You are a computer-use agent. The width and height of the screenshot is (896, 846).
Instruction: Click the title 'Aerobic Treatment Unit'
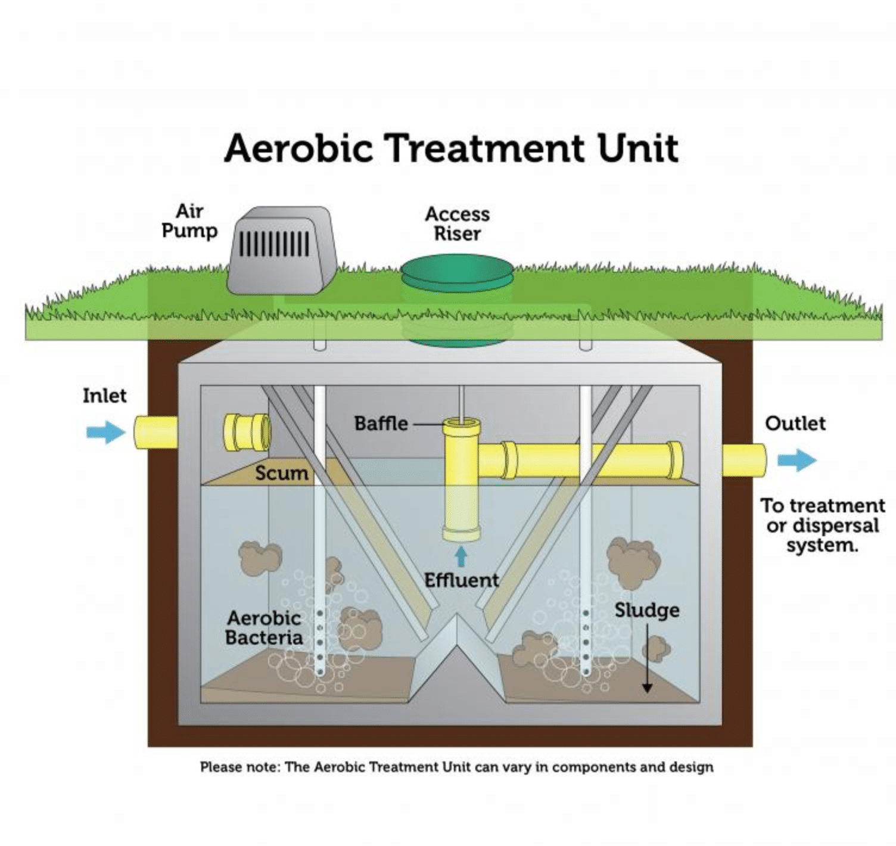coord(451,148)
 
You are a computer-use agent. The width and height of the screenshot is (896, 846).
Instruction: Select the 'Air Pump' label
coord(189,221)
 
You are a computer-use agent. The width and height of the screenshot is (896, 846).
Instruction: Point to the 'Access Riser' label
coord(457,224)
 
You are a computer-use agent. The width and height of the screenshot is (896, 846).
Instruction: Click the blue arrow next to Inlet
coord(105,432)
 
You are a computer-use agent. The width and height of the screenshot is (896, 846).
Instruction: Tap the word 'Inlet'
coord(104,396)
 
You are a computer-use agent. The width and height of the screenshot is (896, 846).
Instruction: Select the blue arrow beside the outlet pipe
coord(797,460)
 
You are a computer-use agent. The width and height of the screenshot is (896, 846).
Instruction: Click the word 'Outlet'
coord(795,424)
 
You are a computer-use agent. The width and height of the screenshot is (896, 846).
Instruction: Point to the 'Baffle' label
coord(381,424)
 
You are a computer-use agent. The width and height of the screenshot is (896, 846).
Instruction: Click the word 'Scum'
coord(281,474)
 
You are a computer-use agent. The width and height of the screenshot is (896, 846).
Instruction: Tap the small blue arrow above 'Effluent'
coord(461,556)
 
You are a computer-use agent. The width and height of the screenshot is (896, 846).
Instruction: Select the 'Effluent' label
coord(461,580)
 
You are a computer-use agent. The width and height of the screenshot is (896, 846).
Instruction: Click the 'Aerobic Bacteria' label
coord(263,627)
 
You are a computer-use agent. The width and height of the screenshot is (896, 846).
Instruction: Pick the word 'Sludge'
coord(647,610)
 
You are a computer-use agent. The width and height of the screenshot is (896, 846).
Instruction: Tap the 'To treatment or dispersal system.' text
coord(822,525)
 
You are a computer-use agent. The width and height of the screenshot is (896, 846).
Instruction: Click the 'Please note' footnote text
coord(456,767)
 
